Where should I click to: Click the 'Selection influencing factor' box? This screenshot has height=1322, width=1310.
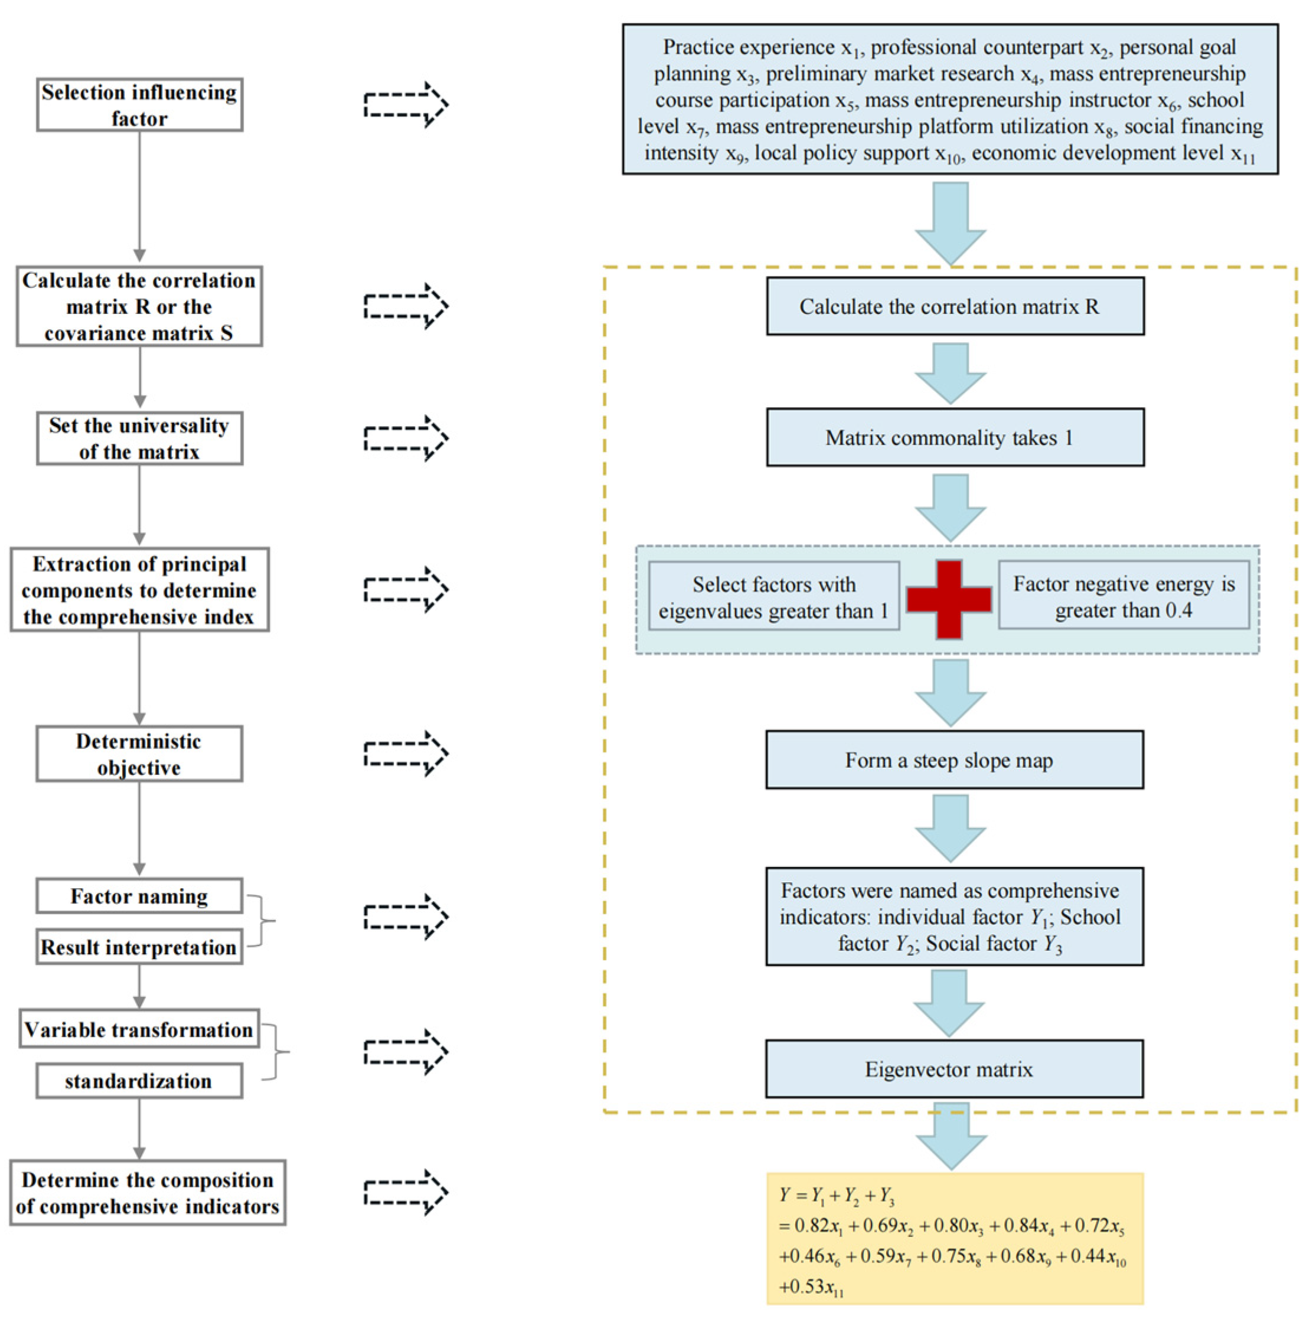click(140, 104)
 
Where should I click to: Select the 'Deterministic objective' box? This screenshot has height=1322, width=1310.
click(140, 754)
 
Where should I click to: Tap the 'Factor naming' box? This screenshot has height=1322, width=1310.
click(140, 896)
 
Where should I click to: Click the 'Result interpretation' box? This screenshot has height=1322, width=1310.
click(140, 947)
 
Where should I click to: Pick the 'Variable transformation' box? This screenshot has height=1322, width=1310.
click(140, 1029)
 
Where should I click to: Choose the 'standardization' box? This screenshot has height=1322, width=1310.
click(140, 1081)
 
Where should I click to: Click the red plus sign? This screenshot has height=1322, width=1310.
click(949, 600)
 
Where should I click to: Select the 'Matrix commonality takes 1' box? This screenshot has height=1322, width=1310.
click(955, 438)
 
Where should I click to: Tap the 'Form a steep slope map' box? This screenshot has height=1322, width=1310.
click(955, 760)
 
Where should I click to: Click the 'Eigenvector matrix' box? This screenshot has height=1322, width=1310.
click(955, 1069)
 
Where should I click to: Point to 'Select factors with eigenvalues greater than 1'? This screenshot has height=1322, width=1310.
click(774, 597)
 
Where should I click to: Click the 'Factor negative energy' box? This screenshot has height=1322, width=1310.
click(1124, 595)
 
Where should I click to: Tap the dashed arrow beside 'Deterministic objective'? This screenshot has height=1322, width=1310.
click(406, 754)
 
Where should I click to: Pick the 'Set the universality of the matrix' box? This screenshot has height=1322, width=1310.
click(140, 439)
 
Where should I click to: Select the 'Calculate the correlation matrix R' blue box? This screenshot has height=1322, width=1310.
click(955, 306)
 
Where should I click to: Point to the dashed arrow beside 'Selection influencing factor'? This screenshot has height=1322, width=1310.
click(406, 104)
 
